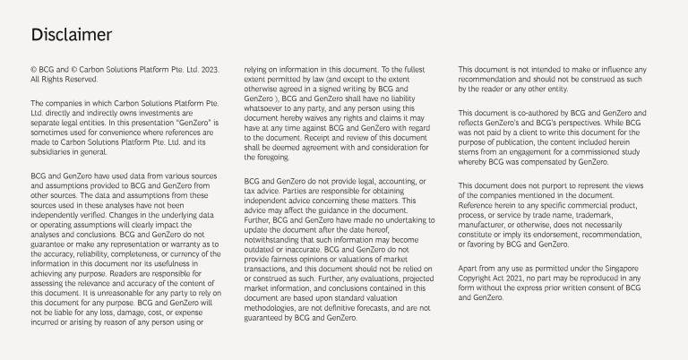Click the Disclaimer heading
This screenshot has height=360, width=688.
coord(71,35)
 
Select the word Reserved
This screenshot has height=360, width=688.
coord(77,79)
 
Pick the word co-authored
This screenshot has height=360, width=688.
coord(532,114)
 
